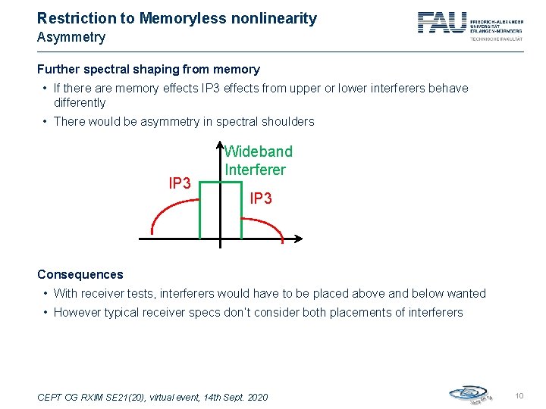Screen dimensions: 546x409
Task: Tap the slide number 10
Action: (x=519, y=396)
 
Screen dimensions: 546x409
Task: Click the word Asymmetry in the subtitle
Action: (x=71, y=37)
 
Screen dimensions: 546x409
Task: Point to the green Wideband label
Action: (x=258, y=151)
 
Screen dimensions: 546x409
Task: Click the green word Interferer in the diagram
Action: (x=256, y=170)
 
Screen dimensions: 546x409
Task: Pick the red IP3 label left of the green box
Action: (x=179, y=184)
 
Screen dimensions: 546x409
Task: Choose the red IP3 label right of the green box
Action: (x=260, y=198)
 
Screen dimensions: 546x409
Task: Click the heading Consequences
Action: (x=80, y=274)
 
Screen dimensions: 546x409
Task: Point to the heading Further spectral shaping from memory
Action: (x=148, y=70)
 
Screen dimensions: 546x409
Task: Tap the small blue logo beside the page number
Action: (x=469, y=394)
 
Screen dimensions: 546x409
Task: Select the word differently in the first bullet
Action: (x=80, y=102)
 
